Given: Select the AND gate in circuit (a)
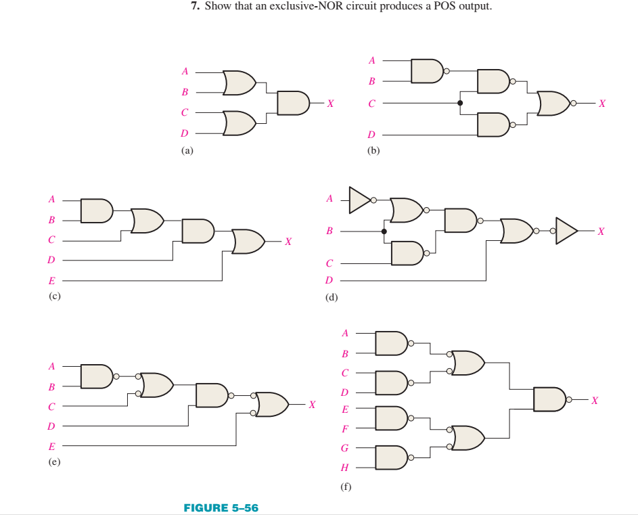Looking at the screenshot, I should (x=292, y=103).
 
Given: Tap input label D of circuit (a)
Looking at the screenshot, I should (x=184, y=133).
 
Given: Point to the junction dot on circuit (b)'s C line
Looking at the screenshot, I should (x=460, y=103).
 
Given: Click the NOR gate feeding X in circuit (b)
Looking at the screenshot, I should (x=555, y=103).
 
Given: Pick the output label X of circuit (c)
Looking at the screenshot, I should (x=288, y=241).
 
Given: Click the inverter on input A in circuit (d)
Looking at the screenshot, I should (x=359, y=199).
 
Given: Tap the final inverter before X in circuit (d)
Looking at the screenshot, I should (x=566, y=231).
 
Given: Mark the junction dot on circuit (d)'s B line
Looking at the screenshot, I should (x=384, y=231).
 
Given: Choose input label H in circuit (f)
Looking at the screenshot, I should (x=344, y=468).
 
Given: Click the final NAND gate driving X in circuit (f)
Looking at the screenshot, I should (x=549, y=399).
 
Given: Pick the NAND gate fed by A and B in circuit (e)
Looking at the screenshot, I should (x=96, y=376).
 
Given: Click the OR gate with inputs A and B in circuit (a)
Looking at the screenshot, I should (x=238, y=82).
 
